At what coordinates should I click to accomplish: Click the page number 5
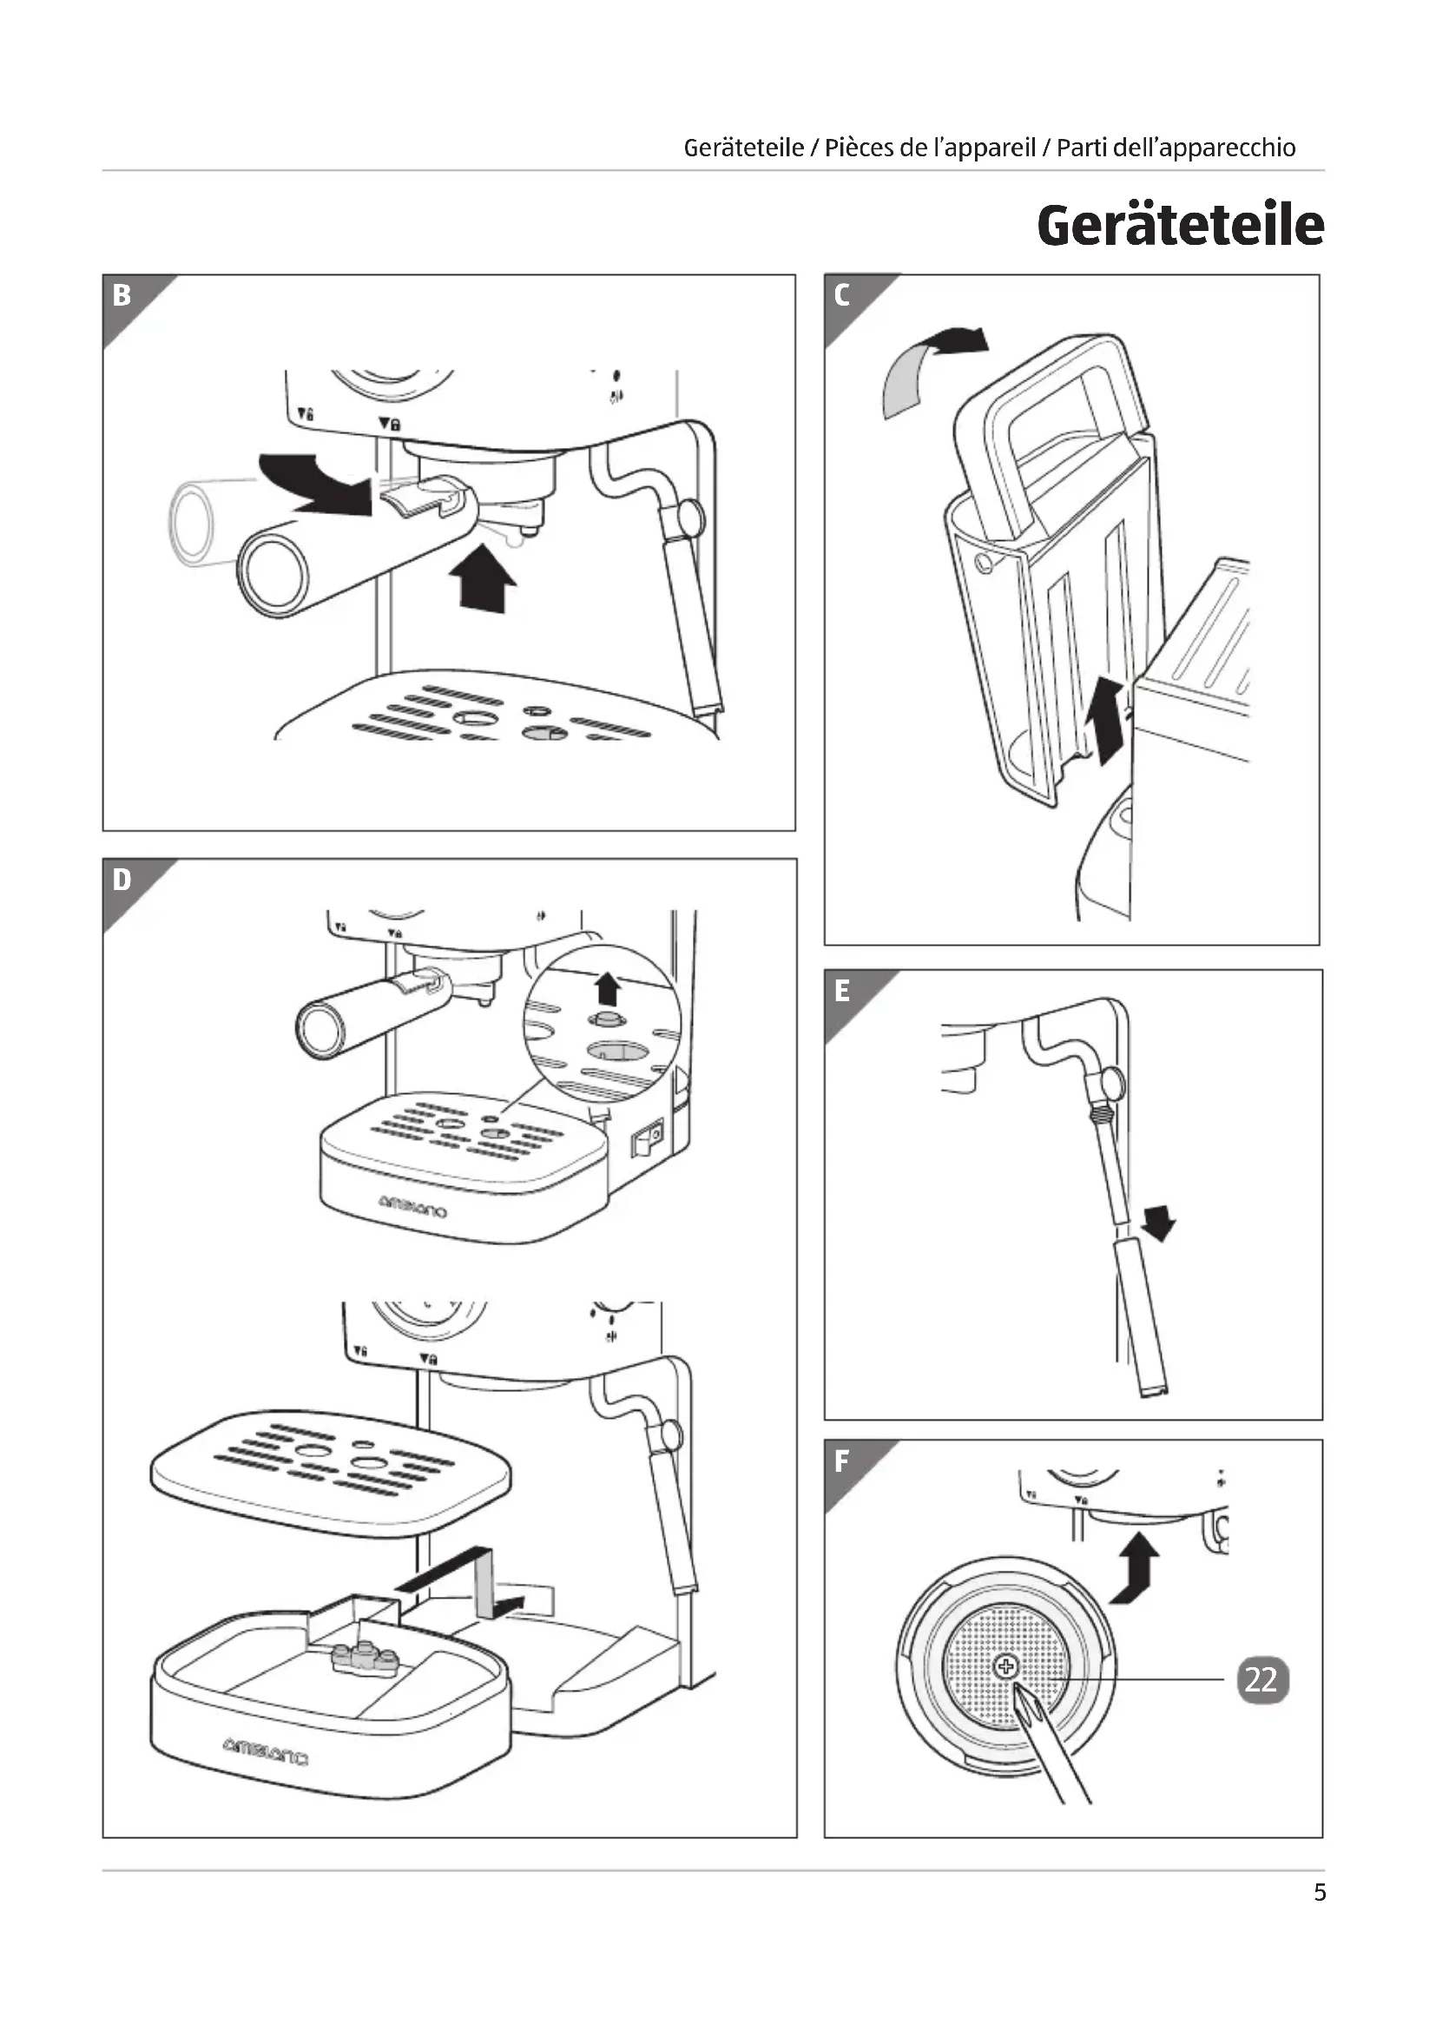1320,1892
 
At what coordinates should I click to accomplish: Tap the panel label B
122,294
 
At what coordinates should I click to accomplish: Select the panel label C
842,294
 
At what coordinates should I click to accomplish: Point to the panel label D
122,880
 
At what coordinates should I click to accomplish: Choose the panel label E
842,991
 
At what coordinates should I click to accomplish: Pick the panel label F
842,1461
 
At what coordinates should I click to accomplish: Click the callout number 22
1261,1679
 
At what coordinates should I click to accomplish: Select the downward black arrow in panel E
1158,1223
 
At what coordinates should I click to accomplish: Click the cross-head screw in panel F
1006,1667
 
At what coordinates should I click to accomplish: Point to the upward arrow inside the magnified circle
607,987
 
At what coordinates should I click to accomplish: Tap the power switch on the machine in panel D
647,1137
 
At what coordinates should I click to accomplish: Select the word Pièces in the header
857,148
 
